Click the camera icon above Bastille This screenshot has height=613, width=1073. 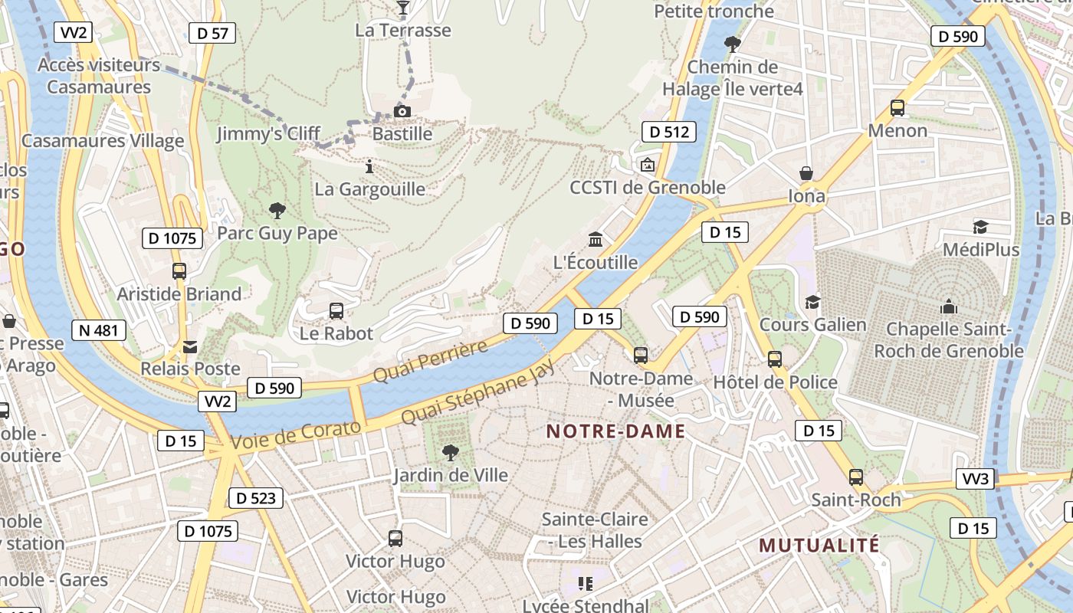[x=402, y=112]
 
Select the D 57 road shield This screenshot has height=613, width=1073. [x=212, y=33]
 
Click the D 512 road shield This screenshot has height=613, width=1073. [x=668, y=132]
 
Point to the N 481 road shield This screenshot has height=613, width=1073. [x=99, y=330]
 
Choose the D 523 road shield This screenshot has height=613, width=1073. [x=255, y=498]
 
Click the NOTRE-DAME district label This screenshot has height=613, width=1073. [x=615, y=431]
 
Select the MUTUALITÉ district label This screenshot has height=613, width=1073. [x=819, y=546]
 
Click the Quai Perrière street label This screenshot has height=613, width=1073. [x=430, y=362]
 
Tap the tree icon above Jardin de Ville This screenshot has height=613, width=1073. [x=451, y=452]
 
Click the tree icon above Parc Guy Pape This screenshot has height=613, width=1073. [x=277, y=210]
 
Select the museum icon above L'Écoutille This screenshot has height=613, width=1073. [x=596, y=240]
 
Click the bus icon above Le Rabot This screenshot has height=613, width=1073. [x=336, y=310]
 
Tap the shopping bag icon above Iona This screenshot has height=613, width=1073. [x=806, y=173]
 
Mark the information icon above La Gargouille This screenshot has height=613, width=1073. [x=369, y=166]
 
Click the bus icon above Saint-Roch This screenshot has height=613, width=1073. [x=856, y=477]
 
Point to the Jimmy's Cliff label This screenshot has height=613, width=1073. [x=268, y=134]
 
